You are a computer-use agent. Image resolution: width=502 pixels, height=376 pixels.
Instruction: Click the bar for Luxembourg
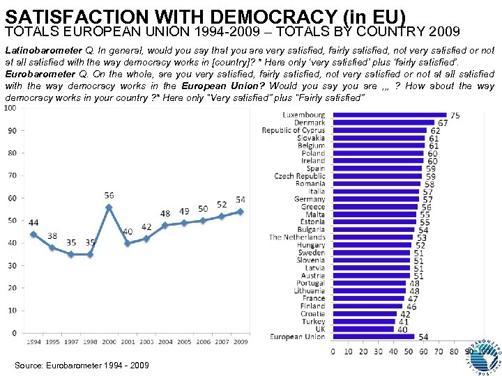click(x=388, y=115)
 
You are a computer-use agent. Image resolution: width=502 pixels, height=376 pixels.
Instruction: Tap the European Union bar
click(x=373, y=337)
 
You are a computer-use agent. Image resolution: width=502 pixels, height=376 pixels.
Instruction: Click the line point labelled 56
click(x=109, y=207)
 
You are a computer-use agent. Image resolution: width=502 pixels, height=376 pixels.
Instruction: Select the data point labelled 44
click(x=33, y=234)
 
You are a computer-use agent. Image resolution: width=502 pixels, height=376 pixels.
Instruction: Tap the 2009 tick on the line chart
click(x=241, y=342)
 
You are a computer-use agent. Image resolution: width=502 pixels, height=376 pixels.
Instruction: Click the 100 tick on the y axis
click(x=10, y=108)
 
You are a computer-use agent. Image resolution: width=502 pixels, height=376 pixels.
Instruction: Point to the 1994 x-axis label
click(x=33, y=342)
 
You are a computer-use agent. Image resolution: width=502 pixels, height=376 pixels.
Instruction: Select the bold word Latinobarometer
click(x=43, y=51)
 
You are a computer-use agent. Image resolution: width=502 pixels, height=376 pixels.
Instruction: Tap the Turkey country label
click(x=313, y=322)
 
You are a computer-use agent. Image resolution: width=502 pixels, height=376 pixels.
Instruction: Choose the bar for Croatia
click(x=363, y=314)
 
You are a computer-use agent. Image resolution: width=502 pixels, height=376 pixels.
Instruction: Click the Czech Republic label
click(x=299, y=176)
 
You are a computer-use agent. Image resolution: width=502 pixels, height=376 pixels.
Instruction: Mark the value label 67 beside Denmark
click(x=443, y=123)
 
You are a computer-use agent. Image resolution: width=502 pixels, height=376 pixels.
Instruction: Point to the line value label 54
click(x=241, y=200)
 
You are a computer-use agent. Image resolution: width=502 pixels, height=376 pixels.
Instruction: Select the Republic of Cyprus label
click(x=293, y=130)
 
